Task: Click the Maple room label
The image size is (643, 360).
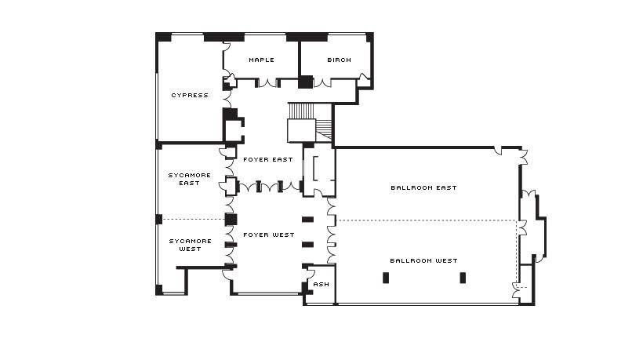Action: pos(261,60)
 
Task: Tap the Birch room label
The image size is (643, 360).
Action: pos(339,60)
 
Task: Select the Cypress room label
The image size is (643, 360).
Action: pos(190,95)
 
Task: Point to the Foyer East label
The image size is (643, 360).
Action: pos(267,159)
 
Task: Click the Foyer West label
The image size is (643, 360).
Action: pos(269,235)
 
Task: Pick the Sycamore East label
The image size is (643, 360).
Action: pos(190,179)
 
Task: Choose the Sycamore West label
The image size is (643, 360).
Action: pos(191,245)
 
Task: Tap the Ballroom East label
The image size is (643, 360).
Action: pos(423,187)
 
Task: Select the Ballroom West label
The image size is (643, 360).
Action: pos(423,260)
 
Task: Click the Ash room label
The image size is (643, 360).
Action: pos(321,284)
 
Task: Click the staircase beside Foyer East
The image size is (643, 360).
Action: pos(310,122)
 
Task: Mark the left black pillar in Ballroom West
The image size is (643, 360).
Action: pos(386,278)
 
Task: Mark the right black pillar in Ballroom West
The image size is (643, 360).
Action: pos(463,278)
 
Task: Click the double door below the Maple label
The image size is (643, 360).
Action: pos(267,83)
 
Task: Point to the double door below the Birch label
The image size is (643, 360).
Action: pos(322,83)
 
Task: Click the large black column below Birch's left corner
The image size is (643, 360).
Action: pos(305,82)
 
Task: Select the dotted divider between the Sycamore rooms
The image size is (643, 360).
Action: pos(194,220)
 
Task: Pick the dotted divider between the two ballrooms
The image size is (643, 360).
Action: pos(427,220)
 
